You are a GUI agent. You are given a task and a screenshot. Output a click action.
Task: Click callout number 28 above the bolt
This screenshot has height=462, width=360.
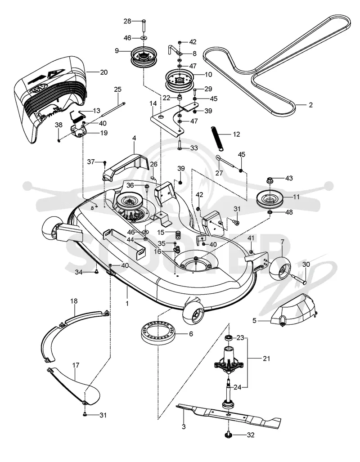pos(127,21)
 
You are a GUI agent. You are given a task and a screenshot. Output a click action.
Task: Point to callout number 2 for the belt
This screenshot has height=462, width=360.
pos(310,105)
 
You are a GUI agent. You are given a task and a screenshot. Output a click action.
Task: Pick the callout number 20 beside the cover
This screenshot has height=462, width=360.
pos(104,72)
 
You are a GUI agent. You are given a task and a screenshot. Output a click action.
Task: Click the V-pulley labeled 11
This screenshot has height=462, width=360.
pos(269,200)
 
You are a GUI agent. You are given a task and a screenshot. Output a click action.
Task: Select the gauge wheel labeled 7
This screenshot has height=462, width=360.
pos(280,269)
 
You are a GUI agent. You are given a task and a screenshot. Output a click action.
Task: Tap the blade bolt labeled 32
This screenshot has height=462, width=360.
pos(230,435)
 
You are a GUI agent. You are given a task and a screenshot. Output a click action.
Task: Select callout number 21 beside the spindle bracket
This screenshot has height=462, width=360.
pos(266,359)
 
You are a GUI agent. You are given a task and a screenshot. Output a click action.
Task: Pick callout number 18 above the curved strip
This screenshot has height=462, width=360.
pos(74,301)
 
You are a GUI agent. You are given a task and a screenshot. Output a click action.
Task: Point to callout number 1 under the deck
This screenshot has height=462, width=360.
pos(127,303)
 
